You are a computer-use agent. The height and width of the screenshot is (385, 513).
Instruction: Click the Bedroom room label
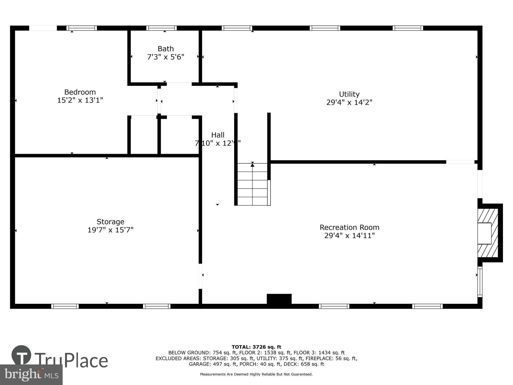pos(80,92)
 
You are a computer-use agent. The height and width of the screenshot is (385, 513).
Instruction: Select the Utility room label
pos(349,94)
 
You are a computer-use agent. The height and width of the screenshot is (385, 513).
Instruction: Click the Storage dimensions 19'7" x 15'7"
pos(110,230)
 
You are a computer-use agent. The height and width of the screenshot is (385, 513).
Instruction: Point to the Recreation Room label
pos(349,227)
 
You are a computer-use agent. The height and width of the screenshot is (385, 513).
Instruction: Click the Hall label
pos(218,135)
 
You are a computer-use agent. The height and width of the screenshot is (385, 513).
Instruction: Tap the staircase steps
pos(252,184)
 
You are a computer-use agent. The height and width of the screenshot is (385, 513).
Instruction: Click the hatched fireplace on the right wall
pos(487,233)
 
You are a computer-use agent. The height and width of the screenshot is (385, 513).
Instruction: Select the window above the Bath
pos(162,28)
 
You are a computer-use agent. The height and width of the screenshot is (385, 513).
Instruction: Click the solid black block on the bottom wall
pos(279,299)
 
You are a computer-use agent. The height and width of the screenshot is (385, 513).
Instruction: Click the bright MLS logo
pos(31,375)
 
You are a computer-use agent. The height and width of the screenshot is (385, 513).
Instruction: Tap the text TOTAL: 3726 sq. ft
pos(256,347)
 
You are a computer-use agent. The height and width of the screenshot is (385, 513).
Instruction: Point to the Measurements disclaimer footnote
pos(256,374)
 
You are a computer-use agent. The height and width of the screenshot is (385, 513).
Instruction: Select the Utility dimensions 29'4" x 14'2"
pos(349,103)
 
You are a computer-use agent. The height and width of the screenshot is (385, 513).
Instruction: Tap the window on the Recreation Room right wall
pos(480,282)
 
